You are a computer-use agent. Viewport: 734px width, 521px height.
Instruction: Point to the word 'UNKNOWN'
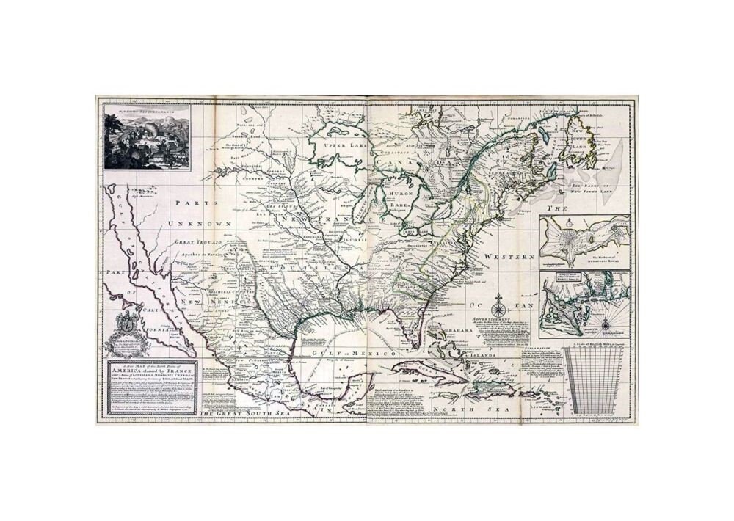point(200,223)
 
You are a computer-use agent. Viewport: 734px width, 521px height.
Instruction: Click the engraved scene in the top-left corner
point(147,136)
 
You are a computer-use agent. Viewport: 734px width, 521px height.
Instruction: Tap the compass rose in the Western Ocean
point(498,302)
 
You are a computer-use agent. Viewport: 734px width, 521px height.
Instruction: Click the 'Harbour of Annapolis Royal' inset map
point(584,241)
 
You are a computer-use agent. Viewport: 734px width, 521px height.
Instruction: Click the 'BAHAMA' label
point(460,332)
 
